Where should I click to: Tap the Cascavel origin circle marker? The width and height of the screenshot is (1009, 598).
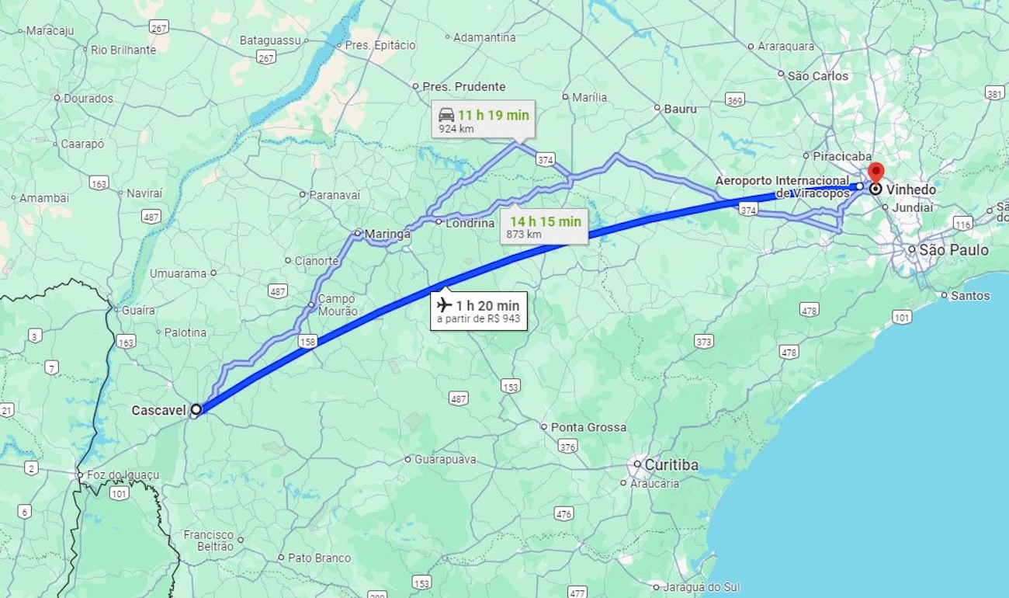point(196,409)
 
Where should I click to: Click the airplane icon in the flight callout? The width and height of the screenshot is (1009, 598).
point(444,305)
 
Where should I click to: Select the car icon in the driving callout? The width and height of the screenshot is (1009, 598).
point(446,115)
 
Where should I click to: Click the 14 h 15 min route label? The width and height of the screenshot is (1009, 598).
point(545,221)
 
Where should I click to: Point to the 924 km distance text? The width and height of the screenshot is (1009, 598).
point(456,129)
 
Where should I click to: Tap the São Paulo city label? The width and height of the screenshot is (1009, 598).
point(954,250)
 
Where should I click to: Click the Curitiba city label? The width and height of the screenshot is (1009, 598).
point(671,465)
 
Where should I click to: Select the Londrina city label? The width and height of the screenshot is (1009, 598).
point(470,223)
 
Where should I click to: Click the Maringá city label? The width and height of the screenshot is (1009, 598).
point(387,233)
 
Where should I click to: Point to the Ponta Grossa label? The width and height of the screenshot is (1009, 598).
point(588,427)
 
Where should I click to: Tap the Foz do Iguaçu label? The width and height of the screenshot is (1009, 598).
point(123,475)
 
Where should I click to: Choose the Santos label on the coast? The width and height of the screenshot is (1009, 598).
point(970,296)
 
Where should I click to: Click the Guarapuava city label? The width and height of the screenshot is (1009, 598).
point(445,459)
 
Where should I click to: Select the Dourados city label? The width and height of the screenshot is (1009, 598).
point(88,99)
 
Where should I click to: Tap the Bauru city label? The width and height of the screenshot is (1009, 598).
point(680,109)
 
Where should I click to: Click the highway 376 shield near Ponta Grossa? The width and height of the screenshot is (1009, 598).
point(567,446)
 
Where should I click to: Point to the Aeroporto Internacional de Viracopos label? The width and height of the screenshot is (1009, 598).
point(782,186)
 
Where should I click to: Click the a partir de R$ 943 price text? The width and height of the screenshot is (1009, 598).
point(478,319)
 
